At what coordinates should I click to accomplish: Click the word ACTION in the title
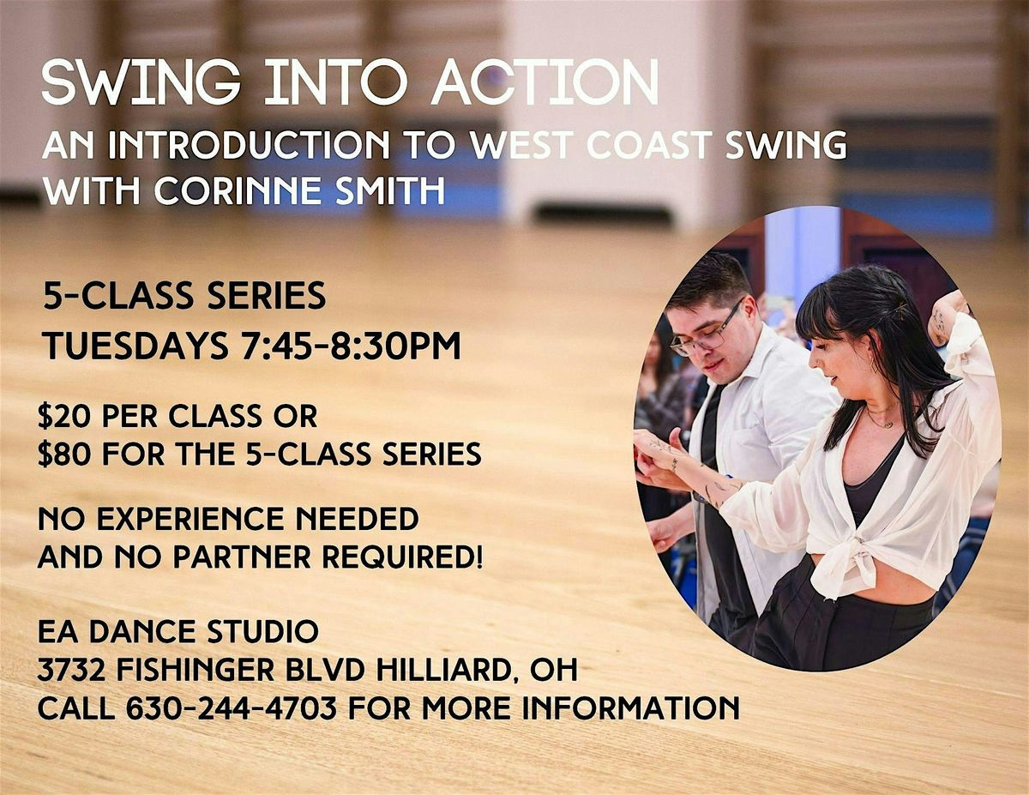(545, 83)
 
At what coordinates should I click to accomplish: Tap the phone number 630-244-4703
(231, 708)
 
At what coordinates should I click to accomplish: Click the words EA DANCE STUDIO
(178, 633)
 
